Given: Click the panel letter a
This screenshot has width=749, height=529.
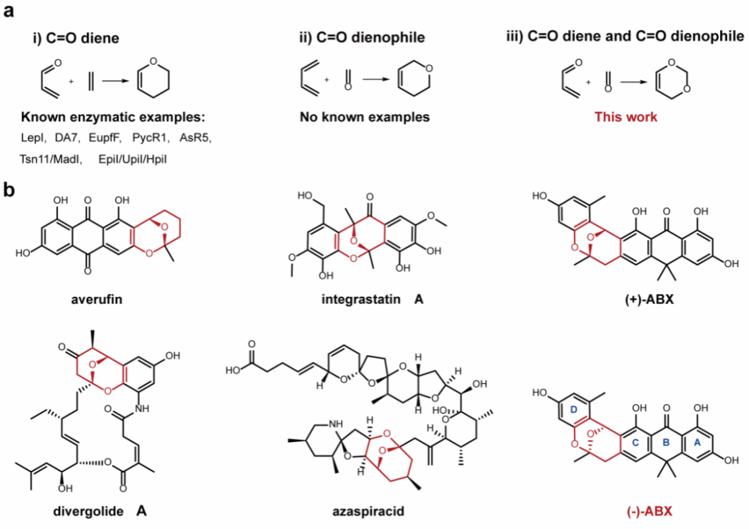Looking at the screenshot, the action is click(x=9, y=11).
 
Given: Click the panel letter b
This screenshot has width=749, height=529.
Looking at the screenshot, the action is click(x=9, y=190).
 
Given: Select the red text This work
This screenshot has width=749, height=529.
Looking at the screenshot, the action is click(x=626, y=117).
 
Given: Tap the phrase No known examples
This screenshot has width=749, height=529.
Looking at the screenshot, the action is click(x=365, y=117).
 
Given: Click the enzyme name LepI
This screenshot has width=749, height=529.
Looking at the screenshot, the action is click(x=33, y=138).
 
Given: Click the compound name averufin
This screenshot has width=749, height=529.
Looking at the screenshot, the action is click(x=97, y=299).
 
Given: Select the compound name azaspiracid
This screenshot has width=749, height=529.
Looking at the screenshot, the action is click(x=369, y=511).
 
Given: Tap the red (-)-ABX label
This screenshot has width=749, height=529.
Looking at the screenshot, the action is click(x=649, y=511).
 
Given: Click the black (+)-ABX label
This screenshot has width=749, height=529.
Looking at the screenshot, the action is click(x=649, y=299).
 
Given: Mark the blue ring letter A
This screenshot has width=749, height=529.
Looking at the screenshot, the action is click(x=697, y=442).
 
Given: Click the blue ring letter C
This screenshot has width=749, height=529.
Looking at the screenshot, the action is click(x=635, y=442).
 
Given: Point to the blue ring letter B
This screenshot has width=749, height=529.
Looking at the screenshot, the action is click(x=666, y=442).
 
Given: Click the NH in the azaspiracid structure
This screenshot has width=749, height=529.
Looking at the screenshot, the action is click(x=336, y=424).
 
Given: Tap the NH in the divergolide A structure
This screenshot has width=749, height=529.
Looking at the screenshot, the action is click(x=142, y=408).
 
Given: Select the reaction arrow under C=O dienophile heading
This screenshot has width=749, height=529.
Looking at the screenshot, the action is click(x=376, y=79).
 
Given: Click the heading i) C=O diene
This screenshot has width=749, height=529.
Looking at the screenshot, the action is click(x=76, y=38).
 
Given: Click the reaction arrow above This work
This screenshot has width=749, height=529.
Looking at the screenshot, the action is click(x=633, y=82).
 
